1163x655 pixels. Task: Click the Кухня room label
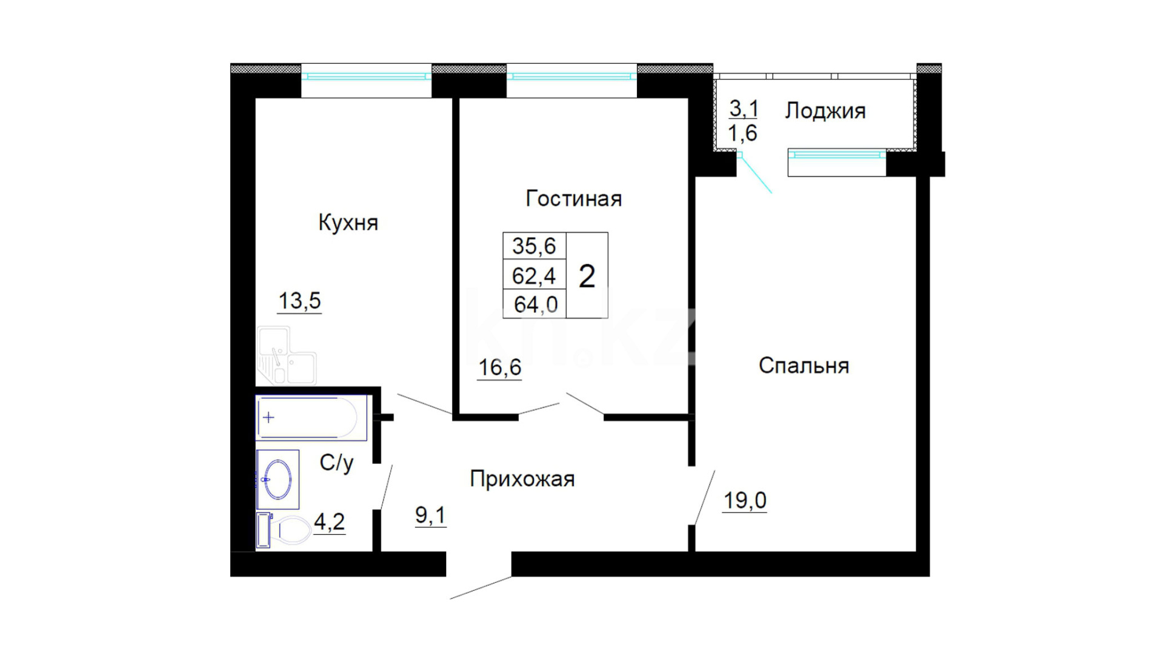tap(348, 223)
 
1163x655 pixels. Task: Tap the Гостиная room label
tap(573, 198)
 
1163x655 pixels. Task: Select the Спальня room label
tap(804, 366)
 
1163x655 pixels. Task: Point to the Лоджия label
tap(825, 112)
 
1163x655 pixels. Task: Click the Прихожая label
tap(522, 479)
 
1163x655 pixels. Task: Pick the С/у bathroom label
tap(336, 463)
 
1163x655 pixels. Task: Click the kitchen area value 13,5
tap(299, 301)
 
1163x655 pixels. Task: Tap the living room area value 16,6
tap(499, 368)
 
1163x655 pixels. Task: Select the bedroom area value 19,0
tap(745, 501)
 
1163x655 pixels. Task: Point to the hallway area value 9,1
tap(430, 516)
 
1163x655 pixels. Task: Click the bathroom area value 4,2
tap(330, 522)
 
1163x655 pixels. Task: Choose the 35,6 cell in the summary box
tap(534, 246)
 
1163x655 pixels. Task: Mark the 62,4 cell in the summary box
tap(534, 276)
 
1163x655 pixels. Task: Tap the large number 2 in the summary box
tap(587, 277)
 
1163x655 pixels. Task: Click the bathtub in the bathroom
tap(312, 418)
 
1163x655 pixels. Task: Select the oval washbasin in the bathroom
tap(278, 479)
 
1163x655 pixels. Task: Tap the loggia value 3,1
tap(744, 109)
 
